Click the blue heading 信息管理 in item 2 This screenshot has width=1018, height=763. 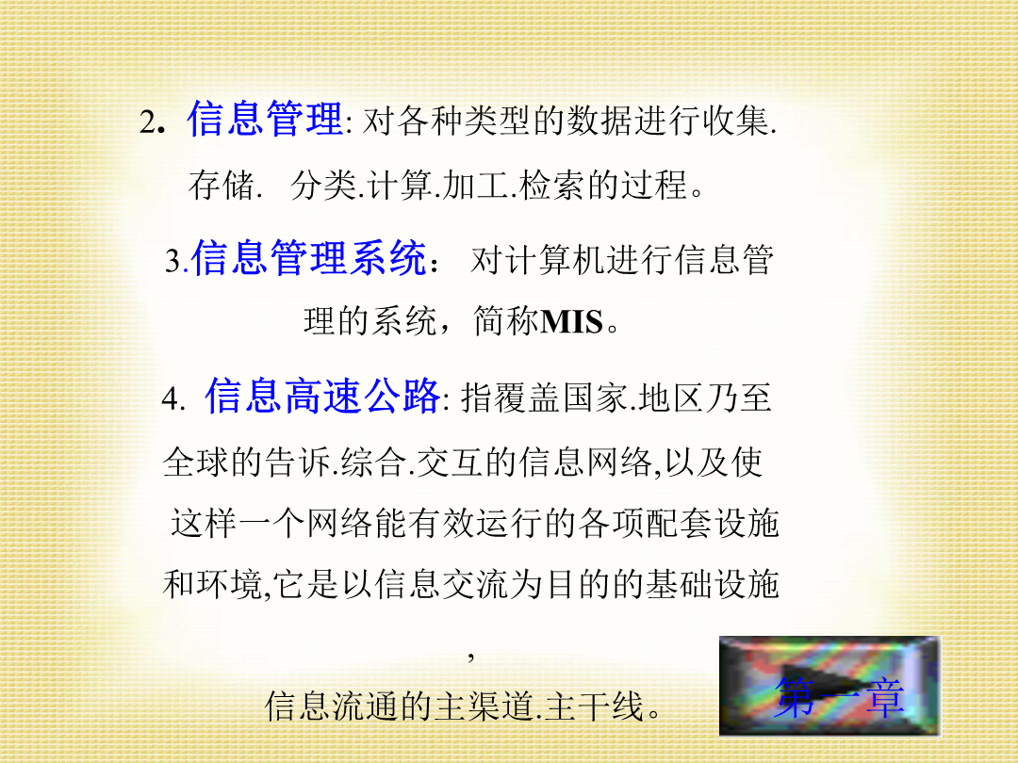point(265,119)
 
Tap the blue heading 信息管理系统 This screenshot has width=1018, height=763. point(309,257)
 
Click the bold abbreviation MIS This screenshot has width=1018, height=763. point(572,321)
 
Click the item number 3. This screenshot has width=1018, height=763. point(172,261)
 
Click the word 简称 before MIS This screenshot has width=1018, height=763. point(506,321)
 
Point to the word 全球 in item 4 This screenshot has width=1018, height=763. point(196,462)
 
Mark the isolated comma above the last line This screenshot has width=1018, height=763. point(471,657)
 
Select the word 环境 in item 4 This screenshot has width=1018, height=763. point(230,584)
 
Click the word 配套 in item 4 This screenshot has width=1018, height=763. point(679,523)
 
